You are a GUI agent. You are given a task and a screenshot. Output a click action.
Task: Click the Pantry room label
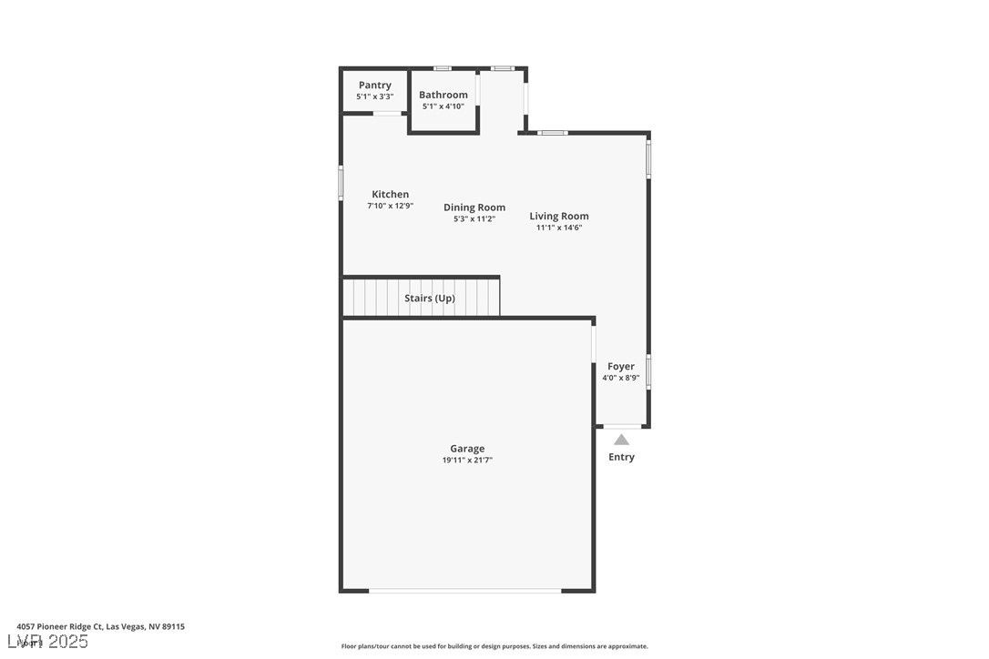pyautogui.click(x=374, y=86)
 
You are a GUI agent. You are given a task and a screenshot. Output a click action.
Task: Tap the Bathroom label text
pyautogui.click(x=444, y=95)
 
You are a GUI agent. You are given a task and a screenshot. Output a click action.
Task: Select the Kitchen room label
pyautogui.click(x=390, y=194)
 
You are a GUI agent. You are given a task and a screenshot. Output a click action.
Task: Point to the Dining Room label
pyautogui.click(x=474, y=208)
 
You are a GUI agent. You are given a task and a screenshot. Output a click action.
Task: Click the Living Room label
pyautogui.click(x=559, y=217)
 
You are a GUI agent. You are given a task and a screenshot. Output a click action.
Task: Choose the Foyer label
pyautogui.click(x=621, y=367)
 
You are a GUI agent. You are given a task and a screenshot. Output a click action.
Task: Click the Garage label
pyautogui.click(x=467, y=449)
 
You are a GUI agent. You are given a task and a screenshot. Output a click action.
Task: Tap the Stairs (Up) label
pyautogui.click(x=430, y=299)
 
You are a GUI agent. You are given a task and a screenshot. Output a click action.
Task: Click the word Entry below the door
pyautogui.click(x=621, y=457)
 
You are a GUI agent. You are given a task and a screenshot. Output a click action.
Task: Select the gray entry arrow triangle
pyautogui.click(x=621, y=440)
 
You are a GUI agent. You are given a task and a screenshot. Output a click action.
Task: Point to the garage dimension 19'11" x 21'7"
pyautogui.click(x=467, y=461)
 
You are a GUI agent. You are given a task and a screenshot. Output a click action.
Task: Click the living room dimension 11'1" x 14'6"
pyautogui.click(x=559, y=228)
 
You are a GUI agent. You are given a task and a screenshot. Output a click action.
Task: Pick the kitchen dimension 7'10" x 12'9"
pyautogui.click(x=390, y=206)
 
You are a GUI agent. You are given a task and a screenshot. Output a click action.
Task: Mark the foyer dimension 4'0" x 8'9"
pyautogui.click(x=621, y=378)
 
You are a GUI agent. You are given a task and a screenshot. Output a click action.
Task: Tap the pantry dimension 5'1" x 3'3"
pyautogui.click(x=374, y=96)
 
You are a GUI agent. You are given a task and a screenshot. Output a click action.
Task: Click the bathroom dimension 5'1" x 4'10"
pyautogui.click(x=444, y=106)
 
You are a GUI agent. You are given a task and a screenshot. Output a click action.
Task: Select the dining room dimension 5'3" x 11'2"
pyautogui.click(x=474, y=219)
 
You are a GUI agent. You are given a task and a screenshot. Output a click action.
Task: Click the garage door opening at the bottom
pyautogui.click(x=465, y=591)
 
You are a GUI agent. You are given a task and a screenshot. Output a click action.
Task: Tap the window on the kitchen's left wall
pyautogui.click(x=342, y=182)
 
